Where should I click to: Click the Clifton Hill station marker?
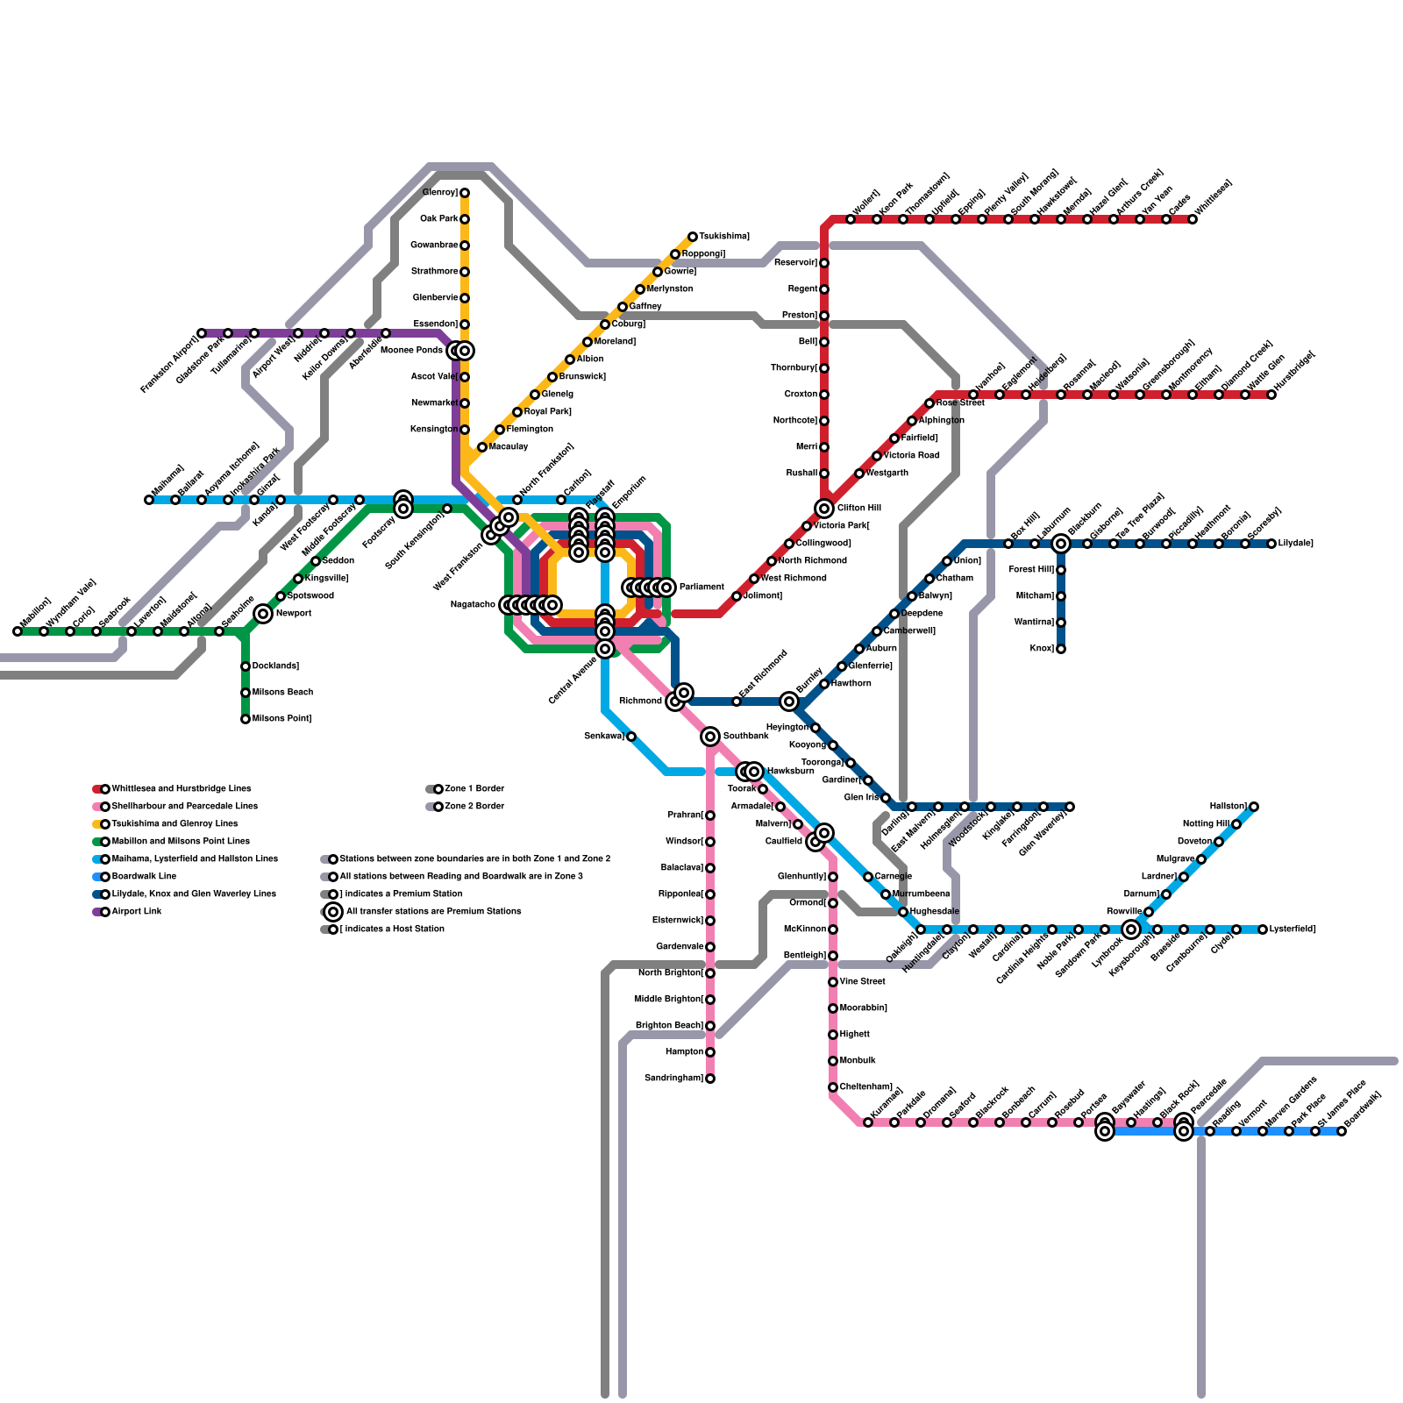pyautogui.click(x=824, y=509)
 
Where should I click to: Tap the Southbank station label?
pyautogui.click(x=745, y=737)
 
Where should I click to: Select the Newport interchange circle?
pyautogui.click(x=263, y=614)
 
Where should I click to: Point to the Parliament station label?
pyautogui.click(x=701, y=588)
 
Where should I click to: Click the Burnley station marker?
pyautogui.click(x=789, y=701)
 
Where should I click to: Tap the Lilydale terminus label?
pyautogui.click(x=1296, y=544)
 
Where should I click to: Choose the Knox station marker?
pyautogui.click(x=1061, y=649)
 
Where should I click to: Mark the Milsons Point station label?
pyautogui.click(x=281, y=719)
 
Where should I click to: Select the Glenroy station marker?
pyautogui.click(x=465, y=193)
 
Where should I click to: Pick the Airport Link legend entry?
pyautogui.click(x=137, y=912)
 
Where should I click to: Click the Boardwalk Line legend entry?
pyautogui.click(x=144, y=877)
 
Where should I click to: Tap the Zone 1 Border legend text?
pyautogui.click(x=474, y=789)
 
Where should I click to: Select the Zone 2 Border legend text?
pyautogui.click(x=474, y=807)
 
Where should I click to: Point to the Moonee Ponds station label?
pyautogui.click(x=412, y=351)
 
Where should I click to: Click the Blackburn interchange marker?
pyautogui.click(x=1061, y=544)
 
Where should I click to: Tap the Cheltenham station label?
pyautogui.click(x=866, y=1087)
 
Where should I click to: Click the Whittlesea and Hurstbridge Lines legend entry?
pyautogui.click(x=181, y=789)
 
